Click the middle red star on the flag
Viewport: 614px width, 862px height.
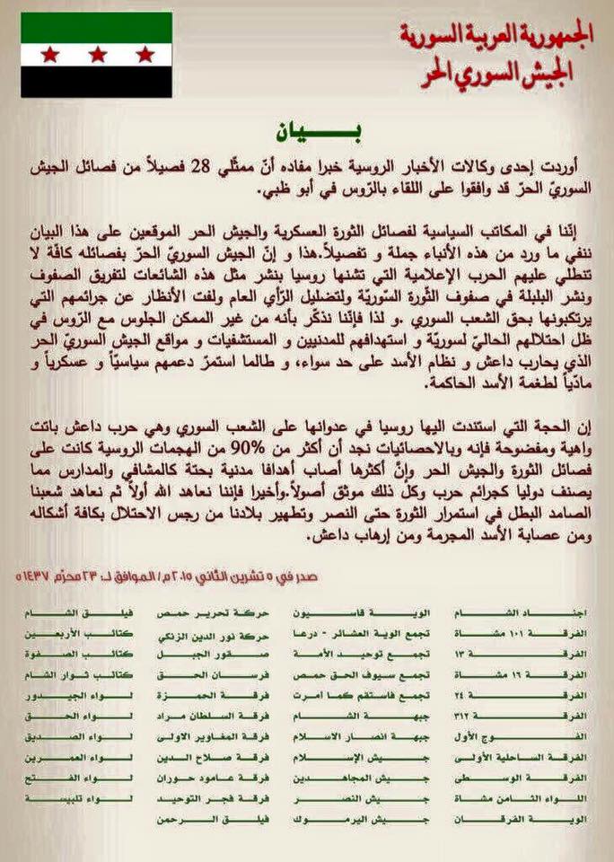(x=96, y=55)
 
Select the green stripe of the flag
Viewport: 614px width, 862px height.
(x=96, y=27)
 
